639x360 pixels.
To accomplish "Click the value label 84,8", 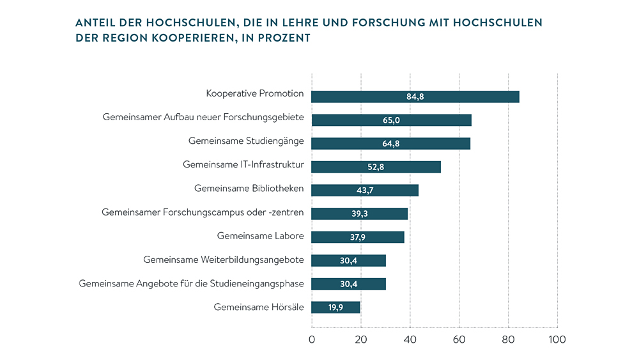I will [415, 97].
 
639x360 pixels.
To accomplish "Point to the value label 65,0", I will [391, 120].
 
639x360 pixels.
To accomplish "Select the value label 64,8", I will [391, 144].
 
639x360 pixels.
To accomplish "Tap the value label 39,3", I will [360, 214].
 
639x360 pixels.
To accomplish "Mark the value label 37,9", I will [358, 237].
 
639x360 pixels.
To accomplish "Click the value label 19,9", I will [336, 308].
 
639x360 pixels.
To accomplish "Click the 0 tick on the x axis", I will [312, 340].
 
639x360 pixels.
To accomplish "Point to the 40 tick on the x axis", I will [410, 340].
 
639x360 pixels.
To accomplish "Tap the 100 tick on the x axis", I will [557, 340].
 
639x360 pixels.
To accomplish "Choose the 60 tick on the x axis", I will [459, 340].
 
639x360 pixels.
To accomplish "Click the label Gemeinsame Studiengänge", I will [246, 141].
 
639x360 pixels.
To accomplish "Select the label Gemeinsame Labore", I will [260, 235].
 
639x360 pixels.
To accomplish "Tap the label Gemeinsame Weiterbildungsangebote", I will [224, 259].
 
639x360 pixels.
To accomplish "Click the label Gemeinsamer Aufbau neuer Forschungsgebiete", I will [203, 118].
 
